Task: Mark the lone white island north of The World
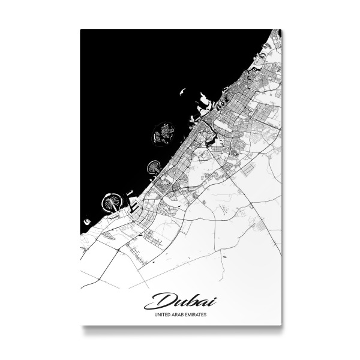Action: [x=180, y=93]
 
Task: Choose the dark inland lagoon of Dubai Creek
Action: [x=214, y=139]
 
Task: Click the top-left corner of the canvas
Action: [x=81, y=29]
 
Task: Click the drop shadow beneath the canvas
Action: [x=180, y=329]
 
